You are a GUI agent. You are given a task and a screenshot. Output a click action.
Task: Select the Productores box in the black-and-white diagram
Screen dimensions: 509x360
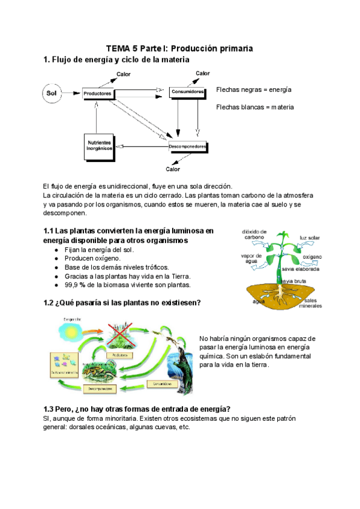[x=97, y=94]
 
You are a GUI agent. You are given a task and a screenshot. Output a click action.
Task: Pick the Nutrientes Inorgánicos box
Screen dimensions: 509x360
[x=100, y=146]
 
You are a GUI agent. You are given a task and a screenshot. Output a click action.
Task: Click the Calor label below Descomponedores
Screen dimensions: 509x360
[x=173, y=169]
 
